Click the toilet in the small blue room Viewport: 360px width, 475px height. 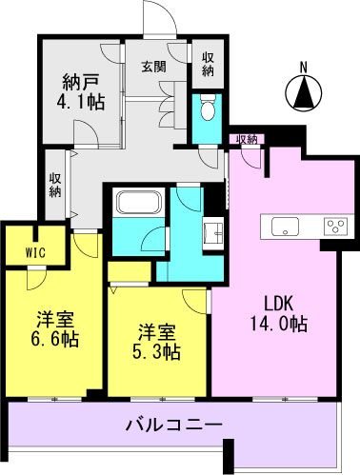point(209,107)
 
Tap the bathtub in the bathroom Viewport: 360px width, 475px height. point(140,203)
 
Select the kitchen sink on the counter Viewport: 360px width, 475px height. point(285,227)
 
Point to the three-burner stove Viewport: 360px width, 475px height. point(335,227)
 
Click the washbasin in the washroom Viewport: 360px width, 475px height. point(213,233)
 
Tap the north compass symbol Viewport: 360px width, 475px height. point(304,93)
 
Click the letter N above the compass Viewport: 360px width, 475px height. point(304,68)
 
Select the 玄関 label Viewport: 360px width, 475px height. point(153,67)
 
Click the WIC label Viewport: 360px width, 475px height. point(35,253)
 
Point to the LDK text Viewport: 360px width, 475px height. point(278,305)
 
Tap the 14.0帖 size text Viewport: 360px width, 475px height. point(278,324)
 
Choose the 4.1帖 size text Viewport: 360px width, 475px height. point(81,102)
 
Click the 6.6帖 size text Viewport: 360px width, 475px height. point(54,339)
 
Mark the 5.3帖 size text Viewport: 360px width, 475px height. point(156,352)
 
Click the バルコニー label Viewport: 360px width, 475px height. point(174,424)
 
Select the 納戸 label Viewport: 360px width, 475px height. point(81,83)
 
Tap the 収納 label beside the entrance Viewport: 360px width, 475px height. point(208,65)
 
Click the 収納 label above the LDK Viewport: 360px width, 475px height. point(247,139)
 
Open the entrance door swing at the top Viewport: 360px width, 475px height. point(159,18)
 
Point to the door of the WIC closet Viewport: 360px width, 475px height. point(36,279)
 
